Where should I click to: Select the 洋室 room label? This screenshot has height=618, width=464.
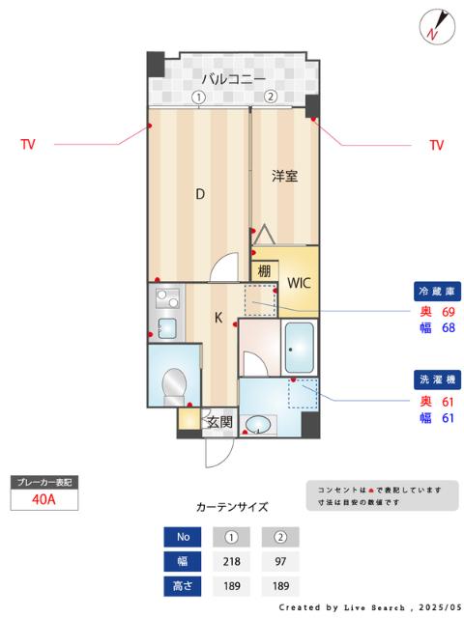(283, 176)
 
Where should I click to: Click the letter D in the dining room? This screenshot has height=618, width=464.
(200, 193)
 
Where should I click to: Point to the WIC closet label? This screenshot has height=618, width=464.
(298, 283)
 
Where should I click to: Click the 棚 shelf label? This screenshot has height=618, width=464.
(264, 270)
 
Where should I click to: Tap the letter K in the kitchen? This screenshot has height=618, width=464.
(218, 317)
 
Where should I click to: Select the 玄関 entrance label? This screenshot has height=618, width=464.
(219, 421)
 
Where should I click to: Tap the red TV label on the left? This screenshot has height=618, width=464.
(28, 145)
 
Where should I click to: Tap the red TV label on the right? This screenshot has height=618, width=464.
(436, 145)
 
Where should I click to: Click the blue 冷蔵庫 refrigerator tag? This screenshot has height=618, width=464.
(436, 291)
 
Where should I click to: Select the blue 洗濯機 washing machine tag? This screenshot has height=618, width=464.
(436, 379)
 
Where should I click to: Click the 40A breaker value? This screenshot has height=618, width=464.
(43, 499)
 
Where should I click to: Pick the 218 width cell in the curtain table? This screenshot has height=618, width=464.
(232, 561)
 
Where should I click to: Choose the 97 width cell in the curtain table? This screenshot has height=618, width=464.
(280, 561)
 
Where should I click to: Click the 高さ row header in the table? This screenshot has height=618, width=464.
(183, 585)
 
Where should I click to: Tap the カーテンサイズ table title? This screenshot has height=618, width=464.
(232, 506)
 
